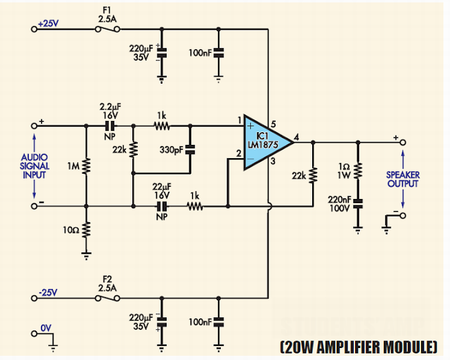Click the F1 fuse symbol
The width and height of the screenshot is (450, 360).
(x=108, y=29)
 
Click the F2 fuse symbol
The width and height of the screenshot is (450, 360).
(x=108, y=298)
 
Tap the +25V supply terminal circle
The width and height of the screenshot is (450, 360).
(x=34, y=29)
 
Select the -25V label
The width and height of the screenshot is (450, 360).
(x=48, y=292)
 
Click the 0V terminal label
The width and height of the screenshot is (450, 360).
(x=46, y=328)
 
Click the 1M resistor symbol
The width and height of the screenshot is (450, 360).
(x=86, y=166)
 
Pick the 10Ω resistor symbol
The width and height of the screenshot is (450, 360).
(x=86, y=230)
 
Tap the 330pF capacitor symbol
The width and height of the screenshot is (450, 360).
(x=190, y=149)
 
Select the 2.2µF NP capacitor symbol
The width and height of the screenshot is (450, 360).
(x=110, y=126)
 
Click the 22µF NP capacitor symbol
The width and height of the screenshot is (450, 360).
(x=162, y=206)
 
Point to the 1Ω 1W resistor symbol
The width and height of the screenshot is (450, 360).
(x=358, y=171)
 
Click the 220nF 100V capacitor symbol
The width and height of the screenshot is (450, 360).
(x=358, y=204)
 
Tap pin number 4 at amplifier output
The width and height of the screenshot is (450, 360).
(x=297, y=137)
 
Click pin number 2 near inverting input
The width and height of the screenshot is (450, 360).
(x=239, y=153)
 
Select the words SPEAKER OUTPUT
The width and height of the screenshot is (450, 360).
(x=403, y=179)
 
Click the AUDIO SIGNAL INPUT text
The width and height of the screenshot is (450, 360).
(x=34, y=166)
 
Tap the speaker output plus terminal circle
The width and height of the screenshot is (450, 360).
(x=403, y=142)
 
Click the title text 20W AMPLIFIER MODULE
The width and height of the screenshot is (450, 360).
(x=359, y=347)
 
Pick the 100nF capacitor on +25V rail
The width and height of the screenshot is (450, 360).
(x=219, y=53)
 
